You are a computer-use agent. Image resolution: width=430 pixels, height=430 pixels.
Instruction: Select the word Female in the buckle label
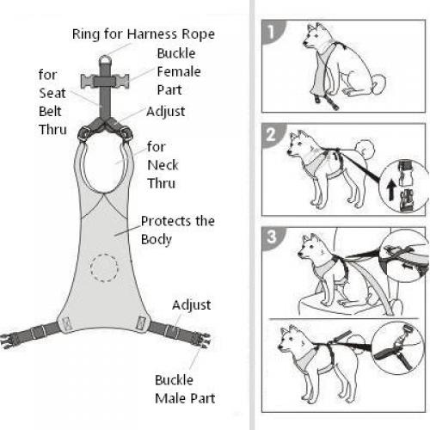pos(179,71)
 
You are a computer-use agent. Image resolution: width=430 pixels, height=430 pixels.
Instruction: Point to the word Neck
pos(163,165)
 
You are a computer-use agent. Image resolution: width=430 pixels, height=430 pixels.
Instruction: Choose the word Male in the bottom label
pos(171,398)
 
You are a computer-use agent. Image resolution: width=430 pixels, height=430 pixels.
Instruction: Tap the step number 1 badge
pos(272,32)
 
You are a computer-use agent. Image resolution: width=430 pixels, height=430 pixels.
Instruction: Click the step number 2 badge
pos(272,135)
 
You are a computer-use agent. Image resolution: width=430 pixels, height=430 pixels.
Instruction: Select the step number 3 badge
pos(272,237)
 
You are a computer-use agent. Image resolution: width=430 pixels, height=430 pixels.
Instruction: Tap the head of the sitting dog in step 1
pos(316,37)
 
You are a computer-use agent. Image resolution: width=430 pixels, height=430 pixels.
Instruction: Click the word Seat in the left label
pos(52,93)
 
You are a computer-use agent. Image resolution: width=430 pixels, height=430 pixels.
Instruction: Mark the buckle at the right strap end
pos(203,341)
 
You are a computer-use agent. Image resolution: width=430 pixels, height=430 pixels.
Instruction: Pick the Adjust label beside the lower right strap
pos(191,305)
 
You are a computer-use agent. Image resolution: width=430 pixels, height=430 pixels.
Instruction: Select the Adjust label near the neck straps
pos(165,112)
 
